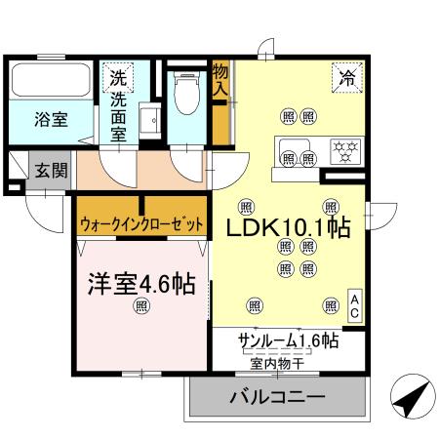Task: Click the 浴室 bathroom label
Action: pos(52,120)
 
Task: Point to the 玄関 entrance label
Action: pos(52,170)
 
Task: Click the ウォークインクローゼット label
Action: pos(142,224)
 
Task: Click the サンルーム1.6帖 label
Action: pos(289,341)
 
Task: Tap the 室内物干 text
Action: pos(276,362)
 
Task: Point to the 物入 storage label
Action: pos(220,81)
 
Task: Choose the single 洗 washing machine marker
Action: pos(118,77)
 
